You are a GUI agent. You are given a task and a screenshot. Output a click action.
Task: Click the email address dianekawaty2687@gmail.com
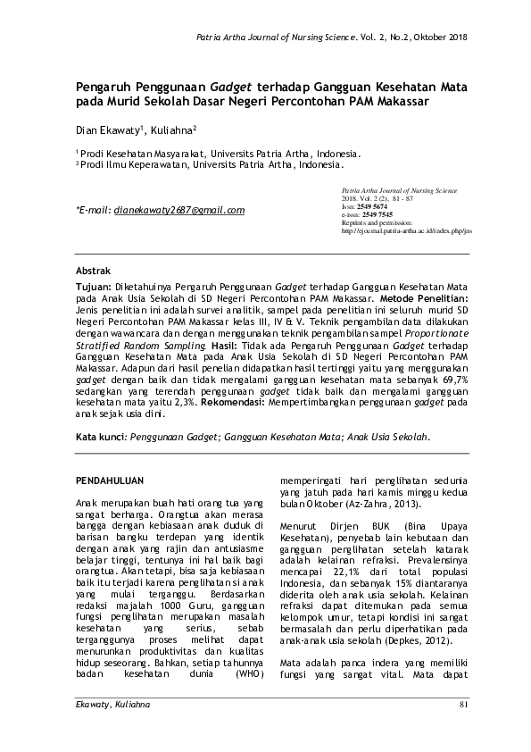[179, 211]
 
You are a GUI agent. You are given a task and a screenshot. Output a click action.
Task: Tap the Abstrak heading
[93, 269]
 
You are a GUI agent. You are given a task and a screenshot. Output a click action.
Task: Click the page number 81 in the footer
[462, 731]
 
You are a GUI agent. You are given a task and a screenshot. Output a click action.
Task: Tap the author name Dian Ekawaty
[105, 130]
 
